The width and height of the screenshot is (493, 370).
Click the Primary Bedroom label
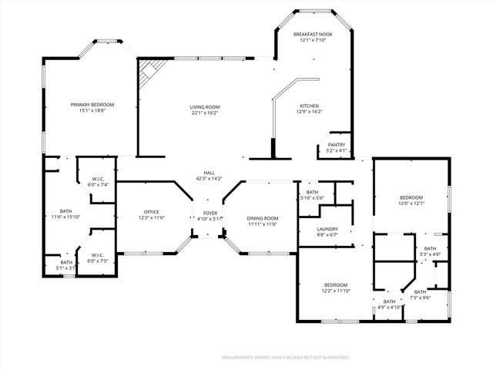(x=92, y=105)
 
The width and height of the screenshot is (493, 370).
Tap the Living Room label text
(x=205, y=107)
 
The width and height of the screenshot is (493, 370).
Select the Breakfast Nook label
(x=313, y=35)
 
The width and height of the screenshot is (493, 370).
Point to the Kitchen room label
(x=309, y=106)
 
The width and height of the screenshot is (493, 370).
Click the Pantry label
(x=337, y=144)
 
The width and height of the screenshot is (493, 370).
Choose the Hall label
(x=209, y=173)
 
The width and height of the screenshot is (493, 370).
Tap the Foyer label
(x=210, y=213)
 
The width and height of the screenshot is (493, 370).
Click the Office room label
(x=151, y=212)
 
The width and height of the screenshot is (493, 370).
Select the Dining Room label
(x=262, y=218)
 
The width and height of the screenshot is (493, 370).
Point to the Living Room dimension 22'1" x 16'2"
(x=205, y=113)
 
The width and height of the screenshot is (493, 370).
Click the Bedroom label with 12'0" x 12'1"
(x=411, y=198)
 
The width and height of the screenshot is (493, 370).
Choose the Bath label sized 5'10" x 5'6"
(x=312, y=193)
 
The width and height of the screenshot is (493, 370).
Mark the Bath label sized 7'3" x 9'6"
(x=420, y=292)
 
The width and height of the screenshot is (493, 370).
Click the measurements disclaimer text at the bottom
(x=285, y=358)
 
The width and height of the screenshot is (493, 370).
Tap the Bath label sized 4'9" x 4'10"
(x=389, y=301)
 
